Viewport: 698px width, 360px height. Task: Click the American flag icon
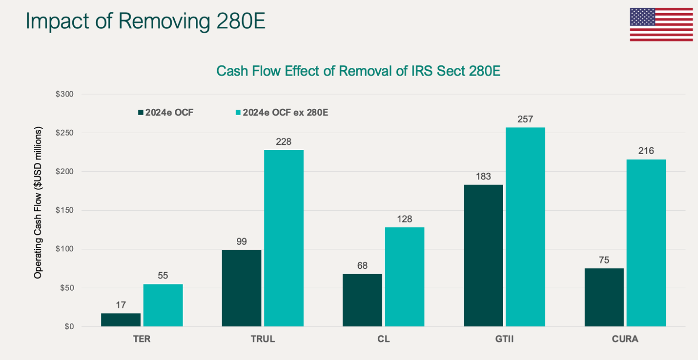tap(661, 24)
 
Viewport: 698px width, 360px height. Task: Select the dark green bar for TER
tap(121, 320)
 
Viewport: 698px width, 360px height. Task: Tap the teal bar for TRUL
tap(284, 238)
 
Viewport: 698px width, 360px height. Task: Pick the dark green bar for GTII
tap(483, 255)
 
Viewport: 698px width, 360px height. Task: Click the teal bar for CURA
tap(646, 242)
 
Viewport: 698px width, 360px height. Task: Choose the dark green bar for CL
tap(362, 300)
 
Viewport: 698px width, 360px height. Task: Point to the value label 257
tap(525, 119)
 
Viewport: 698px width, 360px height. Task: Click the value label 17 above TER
tap(121, 305)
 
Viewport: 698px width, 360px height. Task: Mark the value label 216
tap(646, 151)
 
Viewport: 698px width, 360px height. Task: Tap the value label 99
tap(242, 241)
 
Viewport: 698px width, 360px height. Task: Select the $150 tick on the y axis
tap(65, 211)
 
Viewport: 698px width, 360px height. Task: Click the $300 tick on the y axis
tap(65, 94)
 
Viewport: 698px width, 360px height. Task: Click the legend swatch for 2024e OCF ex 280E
tap(238, 113)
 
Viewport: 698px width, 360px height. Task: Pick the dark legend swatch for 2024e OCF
tap(141, 113)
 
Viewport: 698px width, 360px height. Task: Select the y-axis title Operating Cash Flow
tap(38, 202)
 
